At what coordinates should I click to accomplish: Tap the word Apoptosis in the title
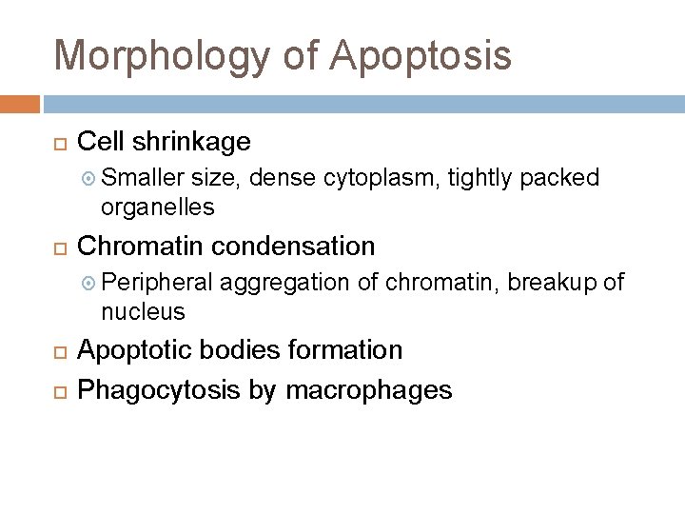click(x=421, y=55)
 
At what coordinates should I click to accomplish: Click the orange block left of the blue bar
click(x=20, y=103)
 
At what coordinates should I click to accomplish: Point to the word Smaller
click(x=142, y=178)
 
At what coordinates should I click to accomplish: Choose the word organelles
click(x=158, y=206)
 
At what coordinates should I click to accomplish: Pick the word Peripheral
click(x=157, y=283)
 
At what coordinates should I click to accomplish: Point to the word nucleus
click(x=144, y=310)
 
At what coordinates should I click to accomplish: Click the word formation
click(x=343, y=350)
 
